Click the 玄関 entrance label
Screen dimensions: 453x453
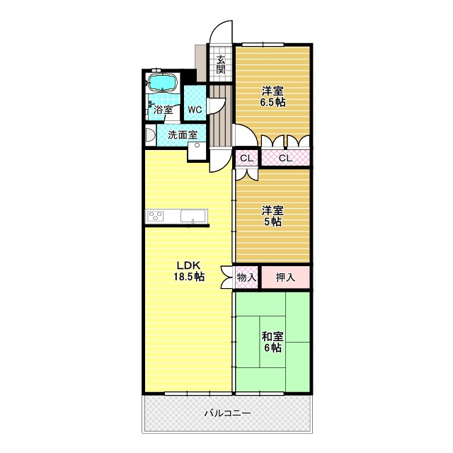(x=221, y=64)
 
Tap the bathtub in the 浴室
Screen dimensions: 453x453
(x=164, y=82)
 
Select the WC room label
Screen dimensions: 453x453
(x=195, y=110)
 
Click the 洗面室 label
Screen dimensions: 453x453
(x=182, y=134)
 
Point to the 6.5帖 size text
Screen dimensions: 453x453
(x=273, y=103)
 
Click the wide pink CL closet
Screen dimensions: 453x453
(x=285, y=158)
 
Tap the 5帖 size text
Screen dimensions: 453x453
(x=273, y=222)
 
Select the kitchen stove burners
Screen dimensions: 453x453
(x=156, y=217)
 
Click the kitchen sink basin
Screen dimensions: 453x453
(x=192, y=216)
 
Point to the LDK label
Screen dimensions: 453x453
(x=188, y=265)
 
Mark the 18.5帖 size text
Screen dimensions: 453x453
(x=189, y=277)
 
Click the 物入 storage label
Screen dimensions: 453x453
(x=246, y=277)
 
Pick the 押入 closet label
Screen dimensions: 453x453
(x=285, y=277)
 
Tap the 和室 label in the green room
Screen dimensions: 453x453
(x=273, y=336)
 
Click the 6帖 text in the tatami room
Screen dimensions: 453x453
(x=273, y=348)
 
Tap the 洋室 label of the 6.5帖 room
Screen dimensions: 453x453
(x=273, y=91)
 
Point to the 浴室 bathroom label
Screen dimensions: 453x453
(x=164, y=110)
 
